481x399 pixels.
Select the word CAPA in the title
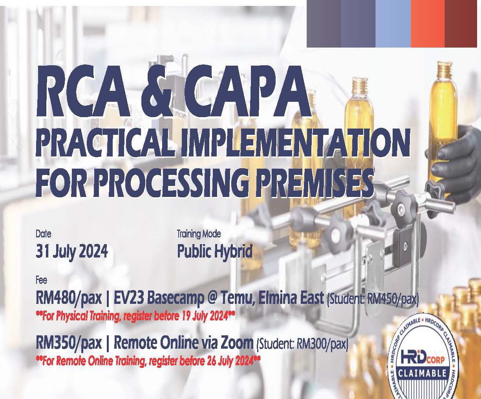pos(247,92)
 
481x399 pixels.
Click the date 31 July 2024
pos(72,252)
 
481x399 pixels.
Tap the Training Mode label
pos(199,234)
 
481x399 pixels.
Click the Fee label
pos(41,280)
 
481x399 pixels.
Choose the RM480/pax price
pos(69,299)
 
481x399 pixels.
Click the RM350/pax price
pos(69,344)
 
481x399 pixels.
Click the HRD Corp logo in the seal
pos(422,360)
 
